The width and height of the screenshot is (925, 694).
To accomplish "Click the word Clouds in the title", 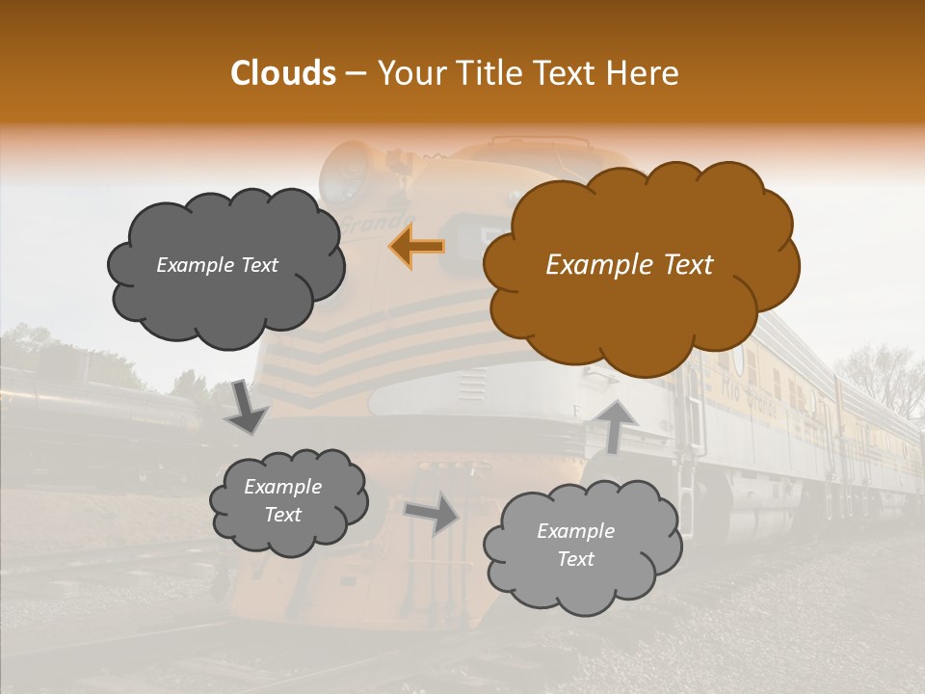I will (x=283, y=73).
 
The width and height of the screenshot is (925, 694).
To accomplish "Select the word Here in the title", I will (x=645, y=73).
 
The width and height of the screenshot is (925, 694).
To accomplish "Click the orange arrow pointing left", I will (x=417, y=246).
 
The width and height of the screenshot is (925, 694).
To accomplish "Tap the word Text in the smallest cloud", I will (x=283, y=515).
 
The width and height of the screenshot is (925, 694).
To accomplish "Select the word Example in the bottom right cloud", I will (x=575, y=531).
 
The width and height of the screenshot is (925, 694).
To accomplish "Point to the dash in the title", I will (x=355, y=73).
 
